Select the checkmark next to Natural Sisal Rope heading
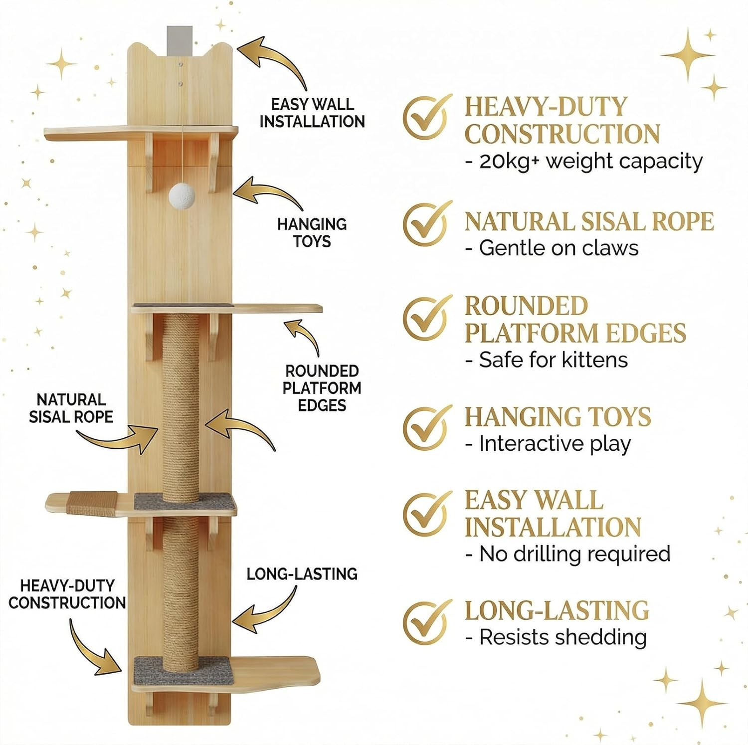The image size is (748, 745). click(x=427, y=223)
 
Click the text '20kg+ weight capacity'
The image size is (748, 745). click(x=584, y=162)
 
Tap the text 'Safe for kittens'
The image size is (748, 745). click(x=547, y=360)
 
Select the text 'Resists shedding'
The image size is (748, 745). click(x=556, y=637)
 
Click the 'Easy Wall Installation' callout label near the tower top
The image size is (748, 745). click(x=312, y=113)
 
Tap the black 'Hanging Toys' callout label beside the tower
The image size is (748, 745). click(x=312, y=232)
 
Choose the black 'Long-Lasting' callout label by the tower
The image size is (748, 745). click(x=302, y=574)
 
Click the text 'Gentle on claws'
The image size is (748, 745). click(x=552, y=248)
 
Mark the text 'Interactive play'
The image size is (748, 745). click(x=548, y=444)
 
